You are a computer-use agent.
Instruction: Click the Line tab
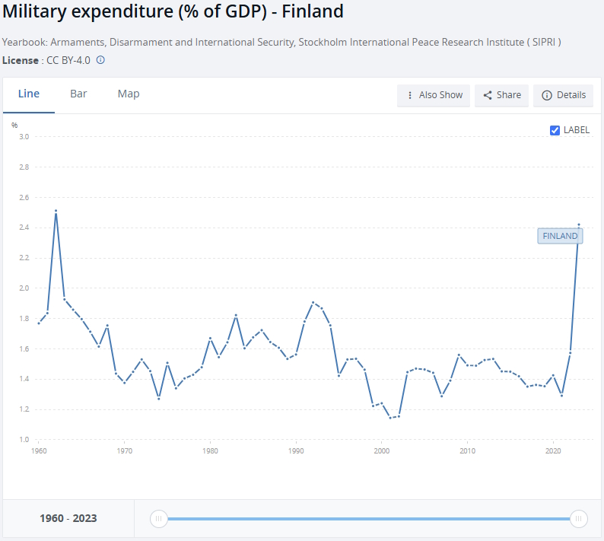point(29,94)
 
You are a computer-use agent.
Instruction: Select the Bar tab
point(78,94)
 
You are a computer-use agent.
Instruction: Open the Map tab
point(129,94)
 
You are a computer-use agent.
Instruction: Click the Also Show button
point(434,95)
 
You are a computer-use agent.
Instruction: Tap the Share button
point(502,95)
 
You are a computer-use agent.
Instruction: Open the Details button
point(563,95)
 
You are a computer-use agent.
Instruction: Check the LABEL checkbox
point(555,130)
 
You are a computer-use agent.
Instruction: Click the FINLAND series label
point(560,236)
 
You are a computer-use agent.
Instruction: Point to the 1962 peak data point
point(56,211)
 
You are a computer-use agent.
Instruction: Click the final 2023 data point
point(579,224)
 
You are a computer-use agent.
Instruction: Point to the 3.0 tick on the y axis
point(24,137)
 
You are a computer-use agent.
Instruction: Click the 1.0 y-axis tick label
point(24,440)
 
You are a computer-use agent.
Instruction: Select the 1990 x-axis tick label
point(296,451)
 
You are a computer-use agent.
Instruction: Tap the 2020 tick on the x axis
point(553,451)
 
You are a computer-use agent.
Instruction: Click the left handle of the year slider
point(159,519)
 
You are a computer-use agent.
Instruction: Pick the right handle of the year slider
point(579,519)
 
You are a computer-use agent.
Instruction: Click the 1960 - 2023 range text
point(68,519)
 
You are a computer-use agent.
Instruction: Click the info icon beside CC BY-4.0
point(100,59)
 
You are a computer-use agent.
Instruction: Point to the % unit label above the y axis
point(14,125)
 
